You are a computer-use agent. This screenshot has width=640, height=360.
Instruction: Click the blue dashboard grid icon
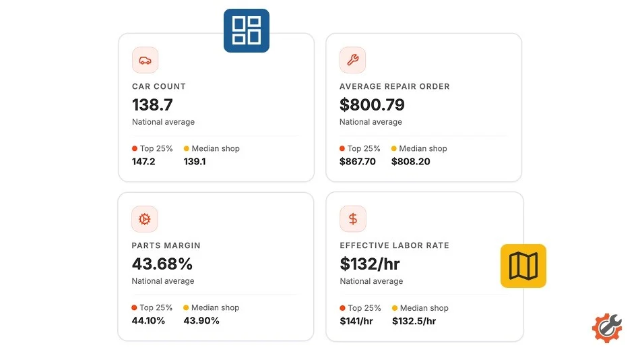point(246,30)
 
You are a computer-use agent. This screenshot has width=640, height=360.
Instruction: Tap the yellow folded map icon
point(523,266)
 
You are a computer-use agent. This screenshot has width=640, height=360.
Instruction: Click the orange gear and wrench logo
point(607,328)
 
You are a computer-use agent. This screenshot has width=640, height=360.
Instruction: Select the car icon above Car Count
point(145,61)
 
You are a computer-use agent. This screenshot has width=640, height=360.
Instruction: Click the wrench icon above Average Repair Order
point(352,61)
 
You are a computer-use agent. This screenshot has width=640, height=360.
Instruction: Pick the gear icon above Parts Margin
point(144,219)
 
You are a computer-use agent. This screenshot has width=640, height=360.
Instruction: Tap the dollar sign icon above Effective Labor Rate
point(353,219)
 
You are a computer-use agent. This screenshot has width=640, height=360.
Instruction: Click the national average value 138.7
point(152,104)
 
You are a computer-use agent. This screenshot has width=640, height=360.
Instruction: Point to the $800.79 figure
point(372,104)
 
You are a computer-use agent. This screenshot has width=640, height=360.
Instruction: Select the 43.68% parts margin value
point(162,264)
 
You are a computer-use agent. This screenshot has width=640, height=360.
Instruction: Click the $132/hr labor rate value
point(370,264)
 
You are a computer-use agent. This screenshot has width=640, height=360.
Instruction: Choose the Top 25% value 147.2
point(143,161)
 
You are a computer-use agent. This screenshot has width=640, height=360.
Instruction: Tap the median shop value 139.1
point(195,161)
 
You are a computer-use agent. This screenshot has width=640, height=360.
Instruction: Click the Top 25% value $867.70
point(358,161)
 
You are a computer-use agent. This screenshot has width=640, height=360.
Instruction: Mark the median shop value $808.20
point(411,161)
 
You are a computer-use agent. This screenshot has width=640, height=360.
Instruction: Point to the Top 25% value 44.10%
point(148,320)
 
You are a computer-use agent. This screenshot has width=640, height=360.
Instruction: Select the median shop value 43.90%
point(201,320)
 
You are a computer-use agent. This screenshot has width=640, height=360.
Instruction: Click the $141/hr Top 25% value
point(356,321)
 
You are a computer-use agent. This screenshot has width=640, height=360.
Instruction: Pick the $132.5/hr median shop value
point(414,321)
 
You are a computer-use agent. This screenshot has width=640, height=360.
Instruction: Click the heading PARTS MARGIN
point(166,245)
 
